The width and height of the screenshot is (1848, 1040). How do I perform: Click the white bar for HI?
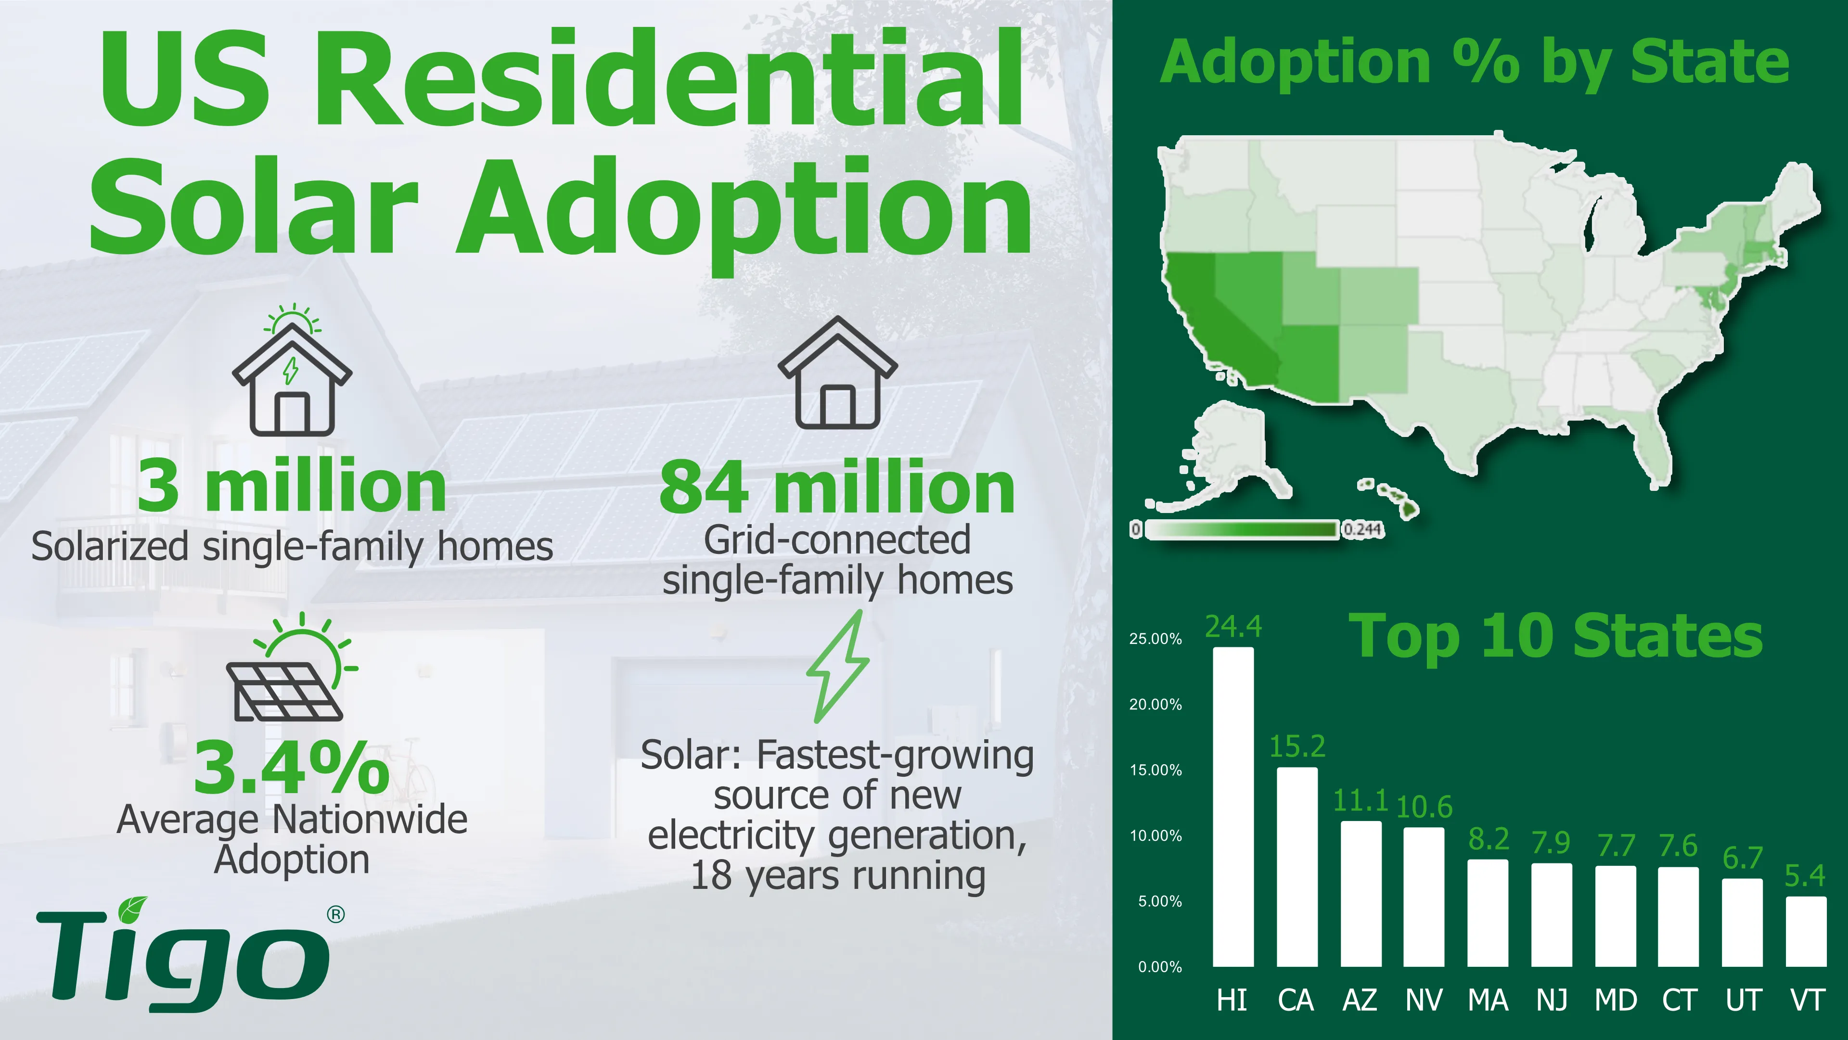pos(1233,807)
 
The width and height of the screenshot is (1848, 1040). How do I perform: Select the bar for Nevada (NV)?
pos(1424,897)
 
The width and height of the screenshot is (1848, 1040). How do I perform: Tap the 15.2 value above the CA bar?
pos(1297,746)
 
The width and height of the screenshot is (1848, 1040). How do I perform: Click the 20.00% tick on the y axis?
pos(1155,705)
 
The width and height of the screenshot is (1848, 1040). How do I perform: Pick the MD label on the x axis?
pos(1616,1001)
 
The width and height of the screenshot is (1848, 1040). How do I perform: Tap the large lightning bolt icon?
pos(838,667)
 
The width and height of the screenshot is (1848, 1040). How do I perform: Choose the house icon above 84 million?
pos(837,373)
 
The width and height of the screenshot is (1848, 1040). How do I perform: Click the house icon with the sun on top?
pos(291,373)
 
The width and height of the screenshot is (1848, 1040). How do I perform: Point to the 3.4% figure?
pos(291,768)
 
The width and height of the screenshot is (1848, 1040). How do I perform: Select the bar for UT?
pos(1743,923)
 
